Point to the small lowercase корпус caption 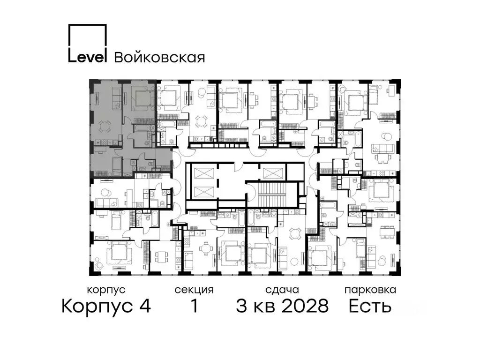click(x=106, y=290)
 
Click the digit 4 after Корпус click(x=144, y=307)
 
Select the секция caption click(x=194, y=290)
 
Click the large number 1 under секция click(x=193, y=307)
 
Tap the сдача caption click(x=281, y=290)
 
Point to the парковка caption click(x=370, y=290)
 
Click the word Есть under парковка click(x=370, y=307)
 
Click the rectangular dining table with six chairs click(x=387, y=232)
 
